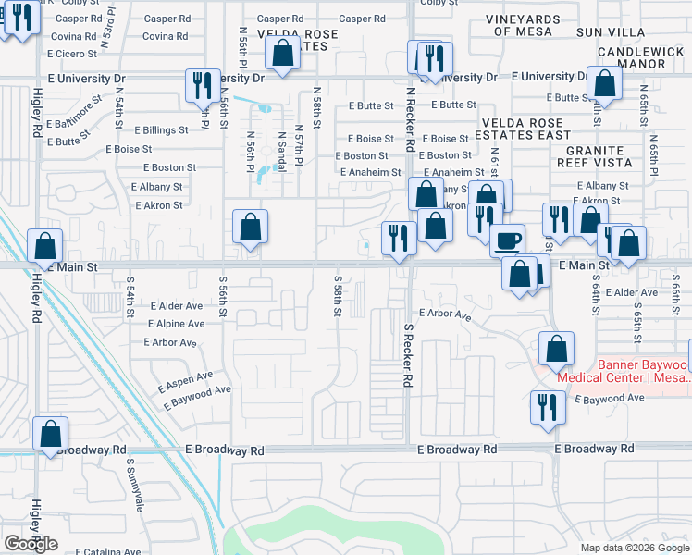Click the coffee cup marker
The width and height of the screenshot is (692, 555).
coord(507,240)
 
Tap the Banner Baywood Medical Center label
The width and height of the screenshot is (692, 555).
coord(621,371)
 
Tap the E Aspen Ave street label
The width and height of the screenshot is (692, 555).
coord(185,380)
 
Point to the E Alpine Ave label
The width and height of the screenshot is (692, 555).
coord(176,324)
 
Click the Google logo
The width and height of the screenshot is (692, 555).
coord(31,544)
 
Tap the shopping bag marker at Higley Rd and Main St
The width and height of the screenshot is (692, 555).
coord(44,246)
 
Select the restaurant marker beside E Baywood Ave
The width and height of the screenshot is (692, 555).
coord(547,407)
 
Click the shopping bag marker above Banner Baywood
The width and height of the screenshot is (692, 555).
coord(556,349)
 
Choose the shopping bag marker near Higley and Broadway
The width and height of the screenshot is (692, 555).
coord(50,433)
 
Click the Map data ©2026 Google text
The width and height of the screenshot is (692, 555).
coord(634,548)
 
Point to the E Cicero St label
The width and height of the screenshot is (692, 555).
coord(75,54)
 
